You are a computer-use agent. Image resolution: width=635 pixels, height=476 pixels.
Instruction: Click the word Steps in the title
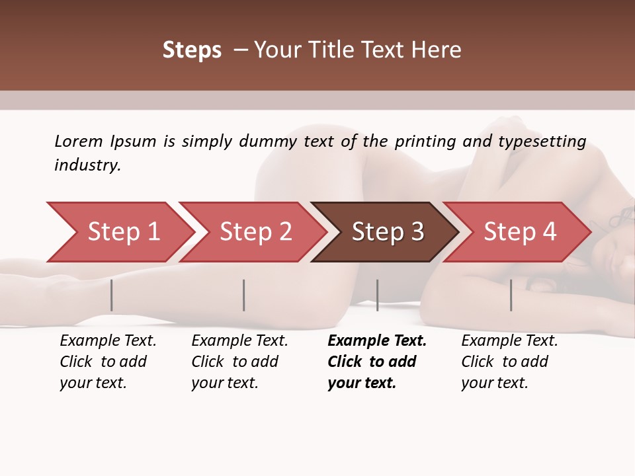tap(192, 50)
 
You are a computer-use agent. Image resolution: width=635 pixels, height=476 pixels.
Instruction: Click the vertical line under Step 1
tap(112, 295)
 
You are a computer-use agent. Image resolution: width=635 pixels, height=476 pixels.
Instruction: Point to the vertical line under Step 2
tap(244, 295)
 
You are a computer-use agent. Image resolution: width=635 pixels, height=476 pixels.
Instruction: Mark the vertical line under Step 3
tap(377, 295)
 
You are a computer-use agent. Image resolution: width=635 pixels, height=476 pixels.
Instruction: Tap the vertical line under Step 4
tap(511, 295)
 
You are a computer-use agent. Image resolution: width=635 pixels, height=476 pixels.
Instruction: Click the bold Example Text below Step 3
tap(377, 362)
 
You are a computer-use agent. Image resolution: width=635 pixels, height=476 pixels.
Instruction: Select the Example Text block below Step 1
tap(108, 362)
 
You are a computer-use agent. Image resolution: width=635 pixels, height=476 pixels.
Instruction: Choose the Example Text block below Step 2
tap(239, 362)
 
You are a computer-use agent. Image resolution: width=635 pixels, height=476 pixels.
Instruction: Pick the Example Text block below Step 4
tap(509, 362)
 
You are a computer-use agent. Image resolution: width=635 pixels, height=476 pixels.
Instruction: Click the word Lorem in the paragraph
tap(79, 141)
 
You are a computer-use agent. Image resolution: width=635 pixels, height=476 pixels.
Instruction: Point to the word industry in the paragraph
tap(87, 165)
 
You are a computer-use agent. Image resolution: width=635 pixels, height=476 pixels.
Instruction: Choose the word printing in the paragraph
tap(425, 141)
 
